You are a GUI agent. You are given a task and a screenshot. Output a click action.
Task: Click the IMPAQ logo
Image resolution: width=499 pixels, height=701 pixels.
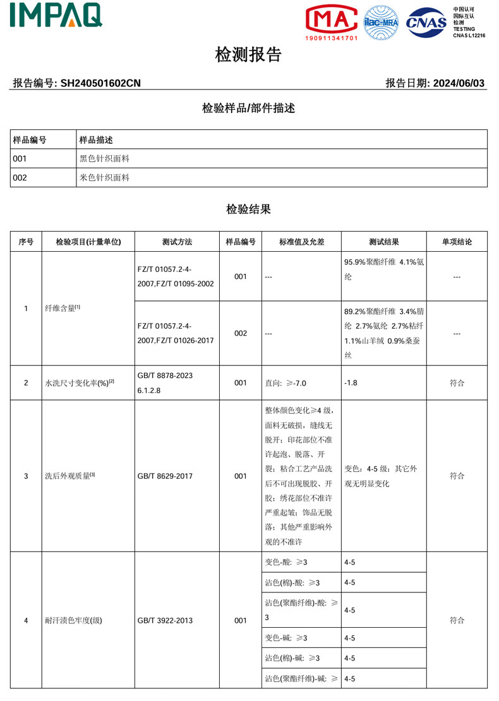56,15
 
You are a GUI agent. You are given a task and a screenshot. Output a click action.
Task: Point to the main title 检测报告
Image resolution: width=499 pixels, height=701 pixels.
248,56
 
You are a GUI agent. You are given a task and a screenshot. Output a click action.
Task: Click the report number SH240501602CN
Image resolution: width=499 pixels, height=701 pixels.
100,83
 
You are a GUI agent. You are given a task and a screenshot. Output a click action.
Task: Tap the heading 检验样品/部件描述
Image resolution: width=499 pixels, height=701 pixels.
248,108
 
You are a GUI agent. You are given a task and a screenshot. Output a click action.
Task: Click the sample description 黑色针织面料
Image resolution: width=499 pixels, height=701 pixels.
104,158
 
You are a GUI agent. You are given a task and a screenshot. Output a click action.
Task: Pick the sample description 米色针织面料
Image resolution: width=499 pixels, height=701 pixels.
104,177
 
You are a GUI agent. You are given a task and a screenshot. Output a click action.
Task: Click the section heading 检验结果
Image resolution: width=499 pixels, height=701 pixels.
248,209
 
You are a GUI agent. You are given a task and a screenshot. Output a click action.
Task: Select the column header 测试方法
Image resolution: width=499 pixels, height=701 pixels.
177,242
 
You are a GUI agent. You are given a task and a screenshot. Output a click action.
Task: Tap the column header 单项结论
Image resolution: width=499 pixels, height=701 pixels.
456,242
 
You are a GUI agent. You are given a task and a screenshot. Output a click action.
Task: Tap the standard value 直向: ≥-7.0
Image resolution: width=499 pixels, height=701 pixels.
289,382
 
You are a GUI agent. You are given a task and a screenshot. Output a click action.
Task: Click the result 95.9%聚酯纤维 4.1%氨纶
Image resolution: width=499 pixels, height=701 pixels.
383,269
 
